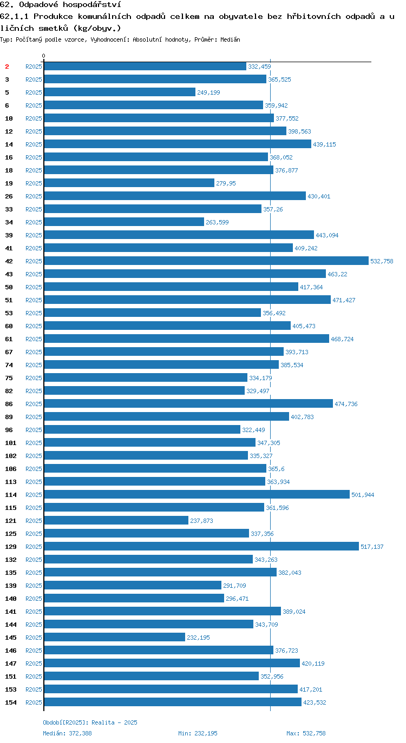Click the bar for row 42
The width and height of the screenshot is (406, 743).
tap(206, 261)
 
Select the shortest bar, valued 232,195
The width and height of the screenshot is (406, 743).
tap(115, 637)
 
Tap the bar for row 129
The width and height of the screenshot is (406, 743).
tap(201, 546)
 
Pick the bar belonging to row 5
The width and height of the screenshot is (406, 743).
tap(120, 92)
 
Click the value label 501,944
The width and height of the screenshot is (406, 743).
tap(363, 495)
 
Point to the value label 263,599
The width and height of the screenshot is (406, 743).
tap(217, 222)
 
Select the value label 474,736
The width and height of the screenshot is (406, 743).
tap(346, 403)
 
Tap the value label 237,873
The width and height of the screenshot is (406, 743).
tap(201, 521)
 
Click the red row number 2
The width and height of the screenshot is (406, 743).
tap(7, 67)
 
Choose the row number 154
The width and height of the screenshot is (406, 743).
tap(11, 702)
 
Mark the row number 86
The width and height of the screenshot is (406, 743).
tap(9, 403)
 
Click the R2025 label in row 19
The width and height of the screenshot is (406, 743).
tap(34, 183)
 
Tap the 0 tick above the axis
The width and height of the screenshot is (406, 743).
tap(43, 56)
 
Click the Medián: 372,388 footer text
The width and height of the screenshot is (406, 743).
tap(67, 733)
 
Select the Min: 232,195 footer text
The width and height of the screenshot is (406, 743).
tap(198, 733)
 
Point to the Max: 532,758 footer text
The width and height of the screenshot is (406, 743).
tap(306, 733)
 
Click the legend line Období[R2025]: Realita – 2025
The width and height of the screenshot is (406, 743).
tap(90, 722)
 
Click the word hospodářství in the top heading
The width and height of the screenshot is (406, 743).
tap(92, 5)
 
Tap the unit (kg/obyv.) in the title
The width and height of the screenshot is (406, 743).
tap(97, 28)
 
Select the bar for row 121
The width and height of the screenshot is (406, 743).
tap(116, 520)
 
